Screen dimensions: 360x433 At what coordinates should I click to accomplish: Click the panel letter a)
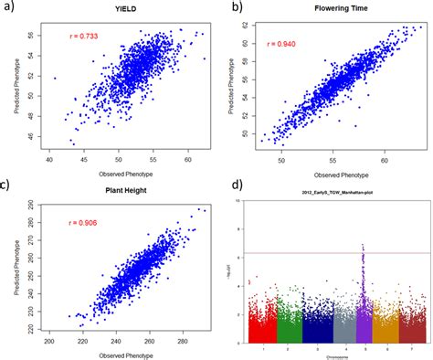point(13,8)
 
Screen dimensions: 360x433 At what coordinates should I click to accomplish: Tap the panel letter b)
point(237,8)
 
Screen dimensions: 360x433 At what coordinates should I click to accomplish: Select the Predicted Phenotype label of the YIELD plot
point(20,88)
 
